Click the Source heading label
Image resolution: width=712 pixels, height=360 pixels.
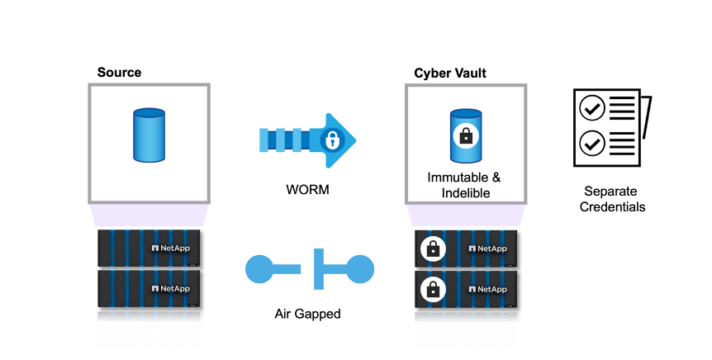[x=119, y=73]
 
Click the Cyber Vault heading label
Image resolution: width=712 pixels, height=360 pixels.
[x=449, y=73]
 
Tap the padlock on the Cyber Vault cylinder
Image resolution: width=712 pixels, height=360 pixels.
[x=466, y=136]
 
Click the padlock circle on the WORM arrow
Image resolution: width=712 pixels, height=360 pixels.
[x=332, y=140]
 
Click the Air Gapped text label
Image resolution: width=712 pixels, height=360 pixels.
[x=309, y=314]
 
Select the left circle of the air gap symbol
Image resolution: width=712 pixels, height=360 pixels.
[x=260, y=269]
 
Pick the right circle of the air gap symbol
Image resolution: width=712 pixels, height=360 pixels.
[x=360, y=269]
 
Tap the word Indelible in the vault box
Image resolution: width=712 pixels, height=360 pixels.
[x=466, y=193]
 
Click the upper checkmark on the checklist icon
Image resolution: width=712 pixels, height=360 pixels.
[x=592, y=107]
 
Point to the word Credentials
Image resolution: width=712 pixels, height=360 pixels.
[x=612, y=206]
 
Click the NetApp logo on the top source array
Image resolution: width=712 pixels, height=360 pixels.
[x=170, y=248]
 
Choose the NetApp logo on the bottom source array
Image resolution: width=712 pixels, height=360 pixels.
[x=170, y=289]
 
